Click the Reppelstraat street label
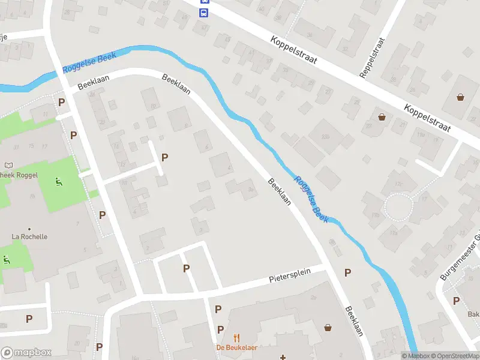click(371, 59)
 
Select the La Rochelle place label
click(29, 236)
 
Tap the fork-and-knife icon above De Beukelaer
click(236, 338)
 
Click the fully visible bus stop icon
click(204, 12)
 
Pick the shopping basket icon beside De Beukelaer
click(328, 328)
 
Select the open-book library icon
click(8, 165)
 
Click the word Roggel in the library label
click(28, 175)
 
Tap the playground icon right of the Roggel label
click(58, 182)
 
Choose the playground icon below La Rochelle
click(7, 260)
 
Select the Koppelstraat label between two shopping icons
click(426, 118)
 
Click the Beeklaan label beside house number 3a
click(279, 192)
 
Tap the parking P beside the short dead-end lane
click(164, 158)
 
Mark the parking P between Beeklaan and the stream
click(347, 273)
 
